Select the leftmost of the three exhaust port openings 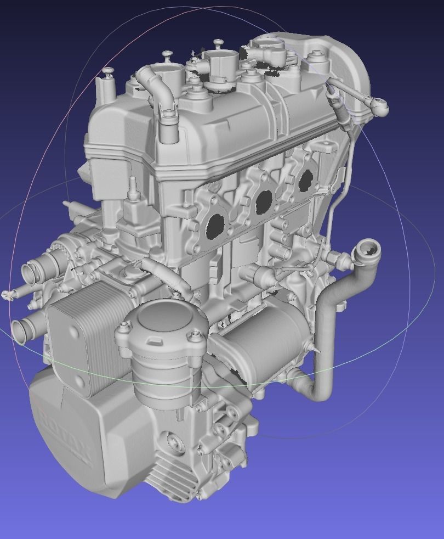[x=214, y=226]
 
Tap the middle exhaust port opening [x=264, y=203]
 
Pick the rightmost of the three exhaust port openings [x=305, y=180]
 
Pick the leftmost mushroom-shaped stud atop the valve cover [x=107, y=71]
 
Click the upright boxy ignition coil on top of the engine [x=222, y=66]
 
